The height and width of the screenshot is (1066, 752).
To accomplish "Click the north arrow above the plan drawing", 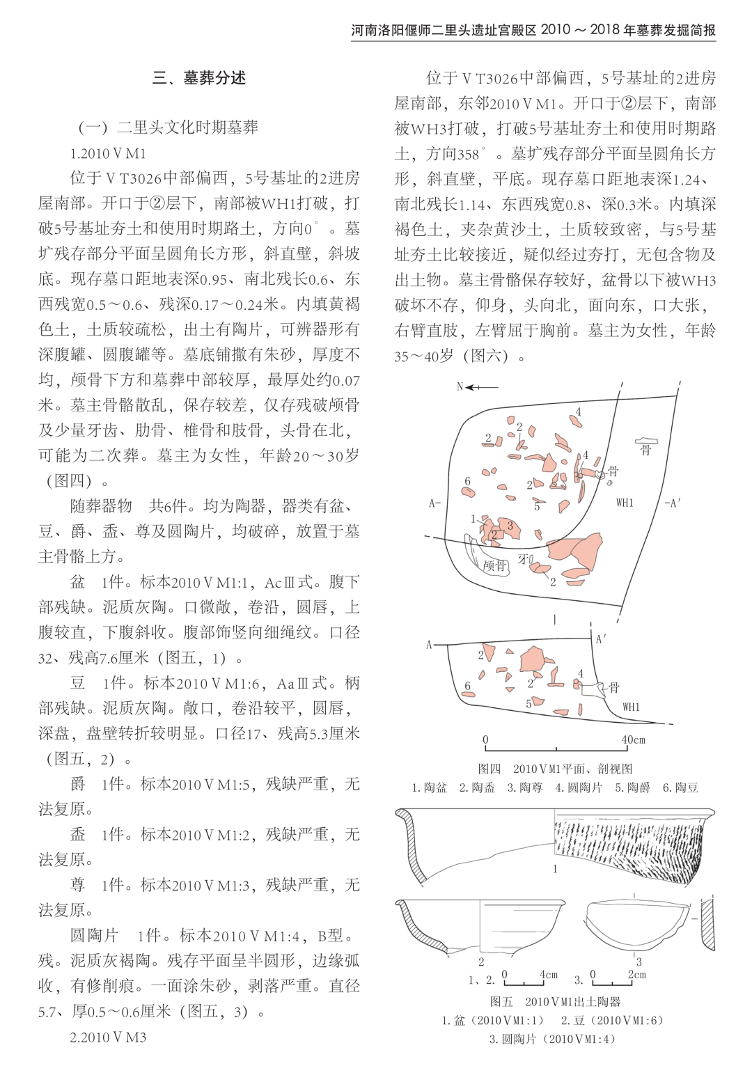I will [x=480, y=387].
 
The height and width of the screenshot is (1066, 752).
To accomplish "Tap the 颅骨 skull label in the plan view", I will [x=495, y=565].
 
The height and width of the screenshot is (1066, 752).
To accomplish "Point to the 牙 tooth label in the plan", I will [x=522, y=559].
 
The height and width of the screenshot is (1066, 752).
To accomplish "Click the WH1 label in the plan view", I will [x=625, y=503].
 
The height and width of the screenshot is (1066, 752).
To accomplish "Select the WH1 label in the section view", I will [x=631, y=707].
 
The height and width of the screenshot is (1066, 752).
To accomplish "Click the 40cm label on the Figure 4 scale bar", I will [x=633, y=740].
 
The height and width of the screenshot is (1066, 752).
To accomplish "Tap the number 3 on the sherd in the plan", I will [x=510, y=526].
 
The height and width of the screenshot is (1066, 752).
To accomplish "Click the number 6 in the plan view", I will [x=468, y=481].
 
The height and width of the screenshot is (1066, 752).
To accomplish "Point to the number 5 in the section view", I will [x=528, y=704].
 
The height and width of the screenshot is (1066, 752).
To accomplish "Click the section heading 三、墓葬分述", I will [x=199, y=78].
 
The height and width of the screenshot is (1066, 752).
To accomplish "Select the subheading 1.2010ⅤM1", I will [x=108, y=153].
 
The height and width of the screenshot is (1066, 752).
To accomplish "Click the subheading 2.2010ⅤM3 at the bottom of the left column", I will [x=108, y=1037].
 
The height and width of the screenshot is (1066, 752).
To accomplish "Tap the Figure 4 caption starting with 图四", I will [x=555, y=769].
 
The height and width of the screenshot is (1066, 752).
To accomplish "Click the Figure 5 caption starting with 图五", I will [x=555, y=1001].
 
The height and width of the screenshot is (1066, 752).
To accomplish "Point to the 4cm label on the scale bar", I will [x=549, y=975].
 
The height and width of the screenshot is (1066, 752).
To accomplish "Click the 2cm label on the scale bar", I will [x=636, y=975].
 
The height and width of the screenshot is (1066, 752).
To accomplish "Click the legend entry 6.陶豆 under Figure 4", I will [x=680, y=787].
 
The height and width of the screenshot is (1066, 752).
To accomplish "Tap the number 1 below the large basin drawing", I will [x=555, y=868].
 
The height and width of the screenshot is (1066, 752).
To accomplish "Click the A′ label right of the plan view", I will [x=673, y=503].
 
